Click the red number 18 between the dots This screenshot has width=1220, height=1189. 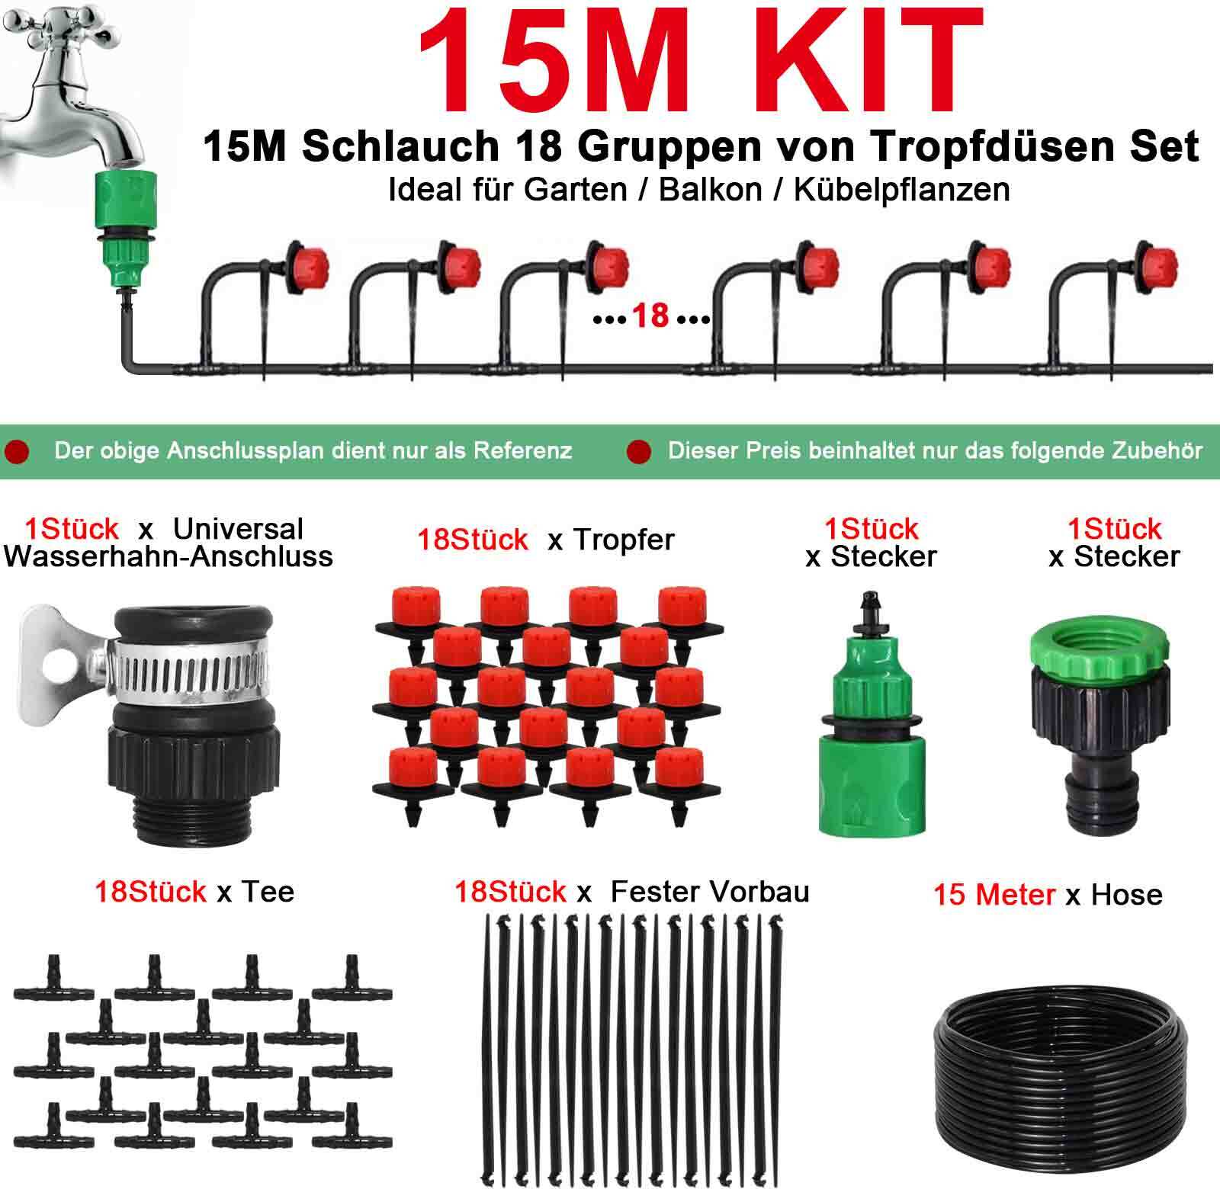point(650,316)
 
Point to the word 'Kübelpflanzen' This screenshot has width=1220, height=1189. point(901,190)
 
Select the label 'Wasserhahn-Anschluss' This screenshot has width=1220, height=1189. point(169,556)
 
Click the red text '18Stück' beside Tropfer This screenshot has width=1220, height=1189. point(472,540)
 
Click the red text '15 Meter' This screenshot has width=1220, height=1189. point(994,894)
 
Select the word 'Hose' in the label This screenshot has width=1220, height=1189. point(1127,894)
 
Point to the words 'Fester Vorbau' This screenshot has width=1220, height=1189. point(710,891)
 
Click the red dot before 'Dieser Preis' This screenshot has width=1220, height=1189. point(638,452)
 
